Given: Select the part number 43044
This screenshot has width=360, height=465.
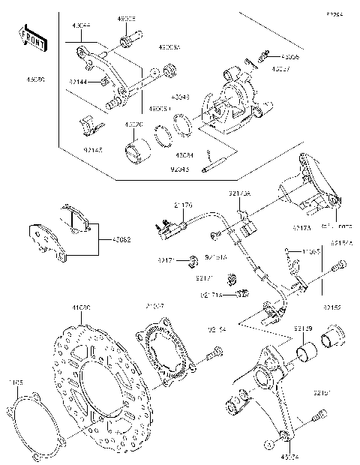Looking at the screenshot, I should [81, 25].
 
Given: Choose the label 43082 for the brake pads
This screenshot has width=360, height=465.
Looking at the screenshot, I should [121, 240].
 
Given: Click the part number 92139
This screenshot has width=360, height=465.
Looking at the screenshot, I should [303, 328].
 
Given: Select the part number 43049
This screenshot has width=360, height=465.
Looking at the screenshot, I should [181, 97].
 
